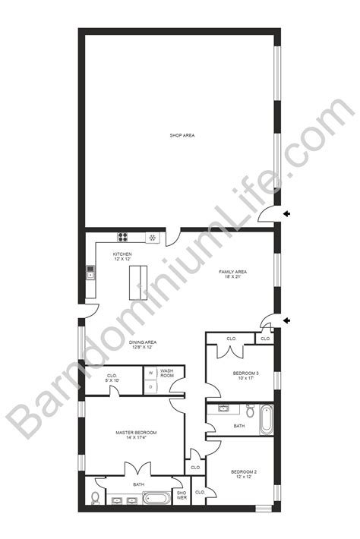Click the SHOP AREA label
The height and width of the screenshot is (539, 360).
182,135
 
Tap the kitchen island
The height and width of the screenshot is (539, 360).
137,282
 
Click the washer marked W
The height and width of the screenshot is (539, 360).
150,373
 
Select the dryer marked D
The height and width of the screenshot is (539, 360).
150,386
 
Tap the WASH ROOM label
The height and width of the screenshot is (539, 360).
167,374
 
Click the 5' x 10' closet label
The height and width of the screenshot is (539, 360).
111,378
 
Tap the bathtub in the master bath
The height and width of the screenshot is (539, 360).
157,500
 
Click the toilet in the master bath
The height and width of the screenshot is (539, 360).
93,498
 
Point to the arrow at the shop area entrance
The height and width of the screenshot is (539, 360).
287,215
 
